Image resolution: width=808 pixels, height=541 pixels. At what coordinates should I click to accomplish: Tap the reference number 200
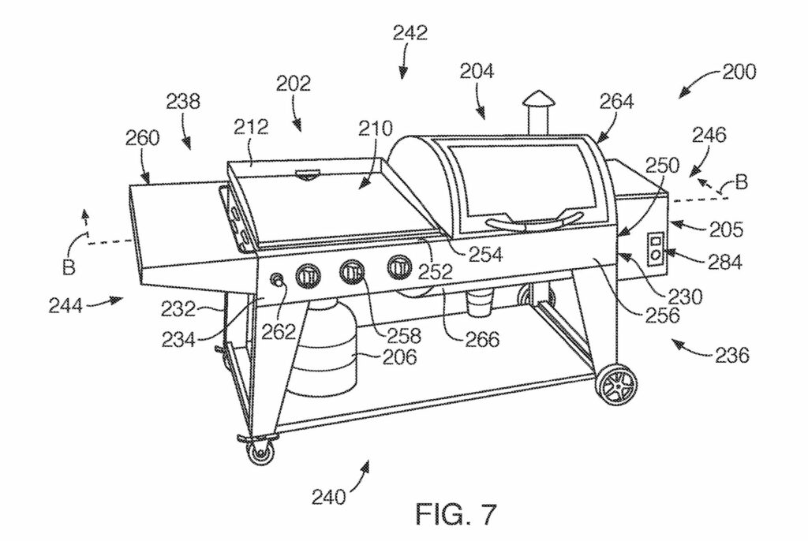pyautogui.click(x=739, y=72)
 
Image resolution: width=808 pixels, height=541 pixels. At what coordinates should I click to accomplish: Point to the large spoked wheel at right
pyautogui.click(x=617, y=385)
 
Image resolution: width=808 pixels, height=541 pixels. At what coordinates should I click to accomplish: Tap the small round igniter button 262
pyautogui.click(x=278, y=280)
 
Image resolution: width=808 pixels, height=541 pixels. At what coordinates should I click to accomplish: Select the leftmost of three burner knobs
pyautogui.click(x=309, y=276)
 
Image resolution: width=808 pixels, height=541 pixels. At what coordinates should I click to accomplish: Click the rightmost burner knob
pyautogui.click(x=398, y=269)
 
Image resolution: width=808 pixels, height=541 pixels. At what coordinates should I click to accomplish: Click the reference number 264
pyautogui.click(x=614, y=102)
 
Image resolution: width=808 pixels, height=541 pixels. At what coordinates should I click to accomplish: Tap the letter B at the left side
pyautogui.click(x=69, y=267)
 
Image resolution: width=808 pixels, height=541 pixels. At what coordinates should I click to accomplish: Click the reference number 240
pyautogui.click(x=327, y=497)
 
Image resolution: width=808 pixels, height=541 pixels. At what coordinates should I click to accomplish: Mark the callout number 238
pyautogui.click(x=183, y=102)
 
